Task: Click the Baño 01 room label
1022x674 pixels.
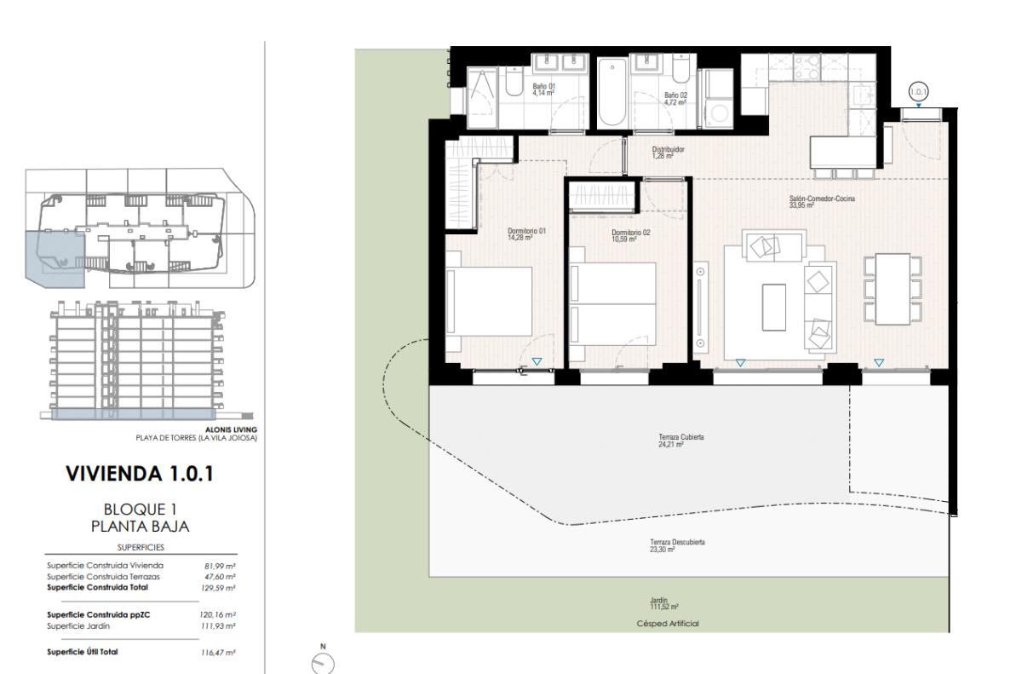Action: [x=543, y=89]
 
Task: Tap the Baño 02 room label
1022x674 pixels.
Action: [x=675, y=99]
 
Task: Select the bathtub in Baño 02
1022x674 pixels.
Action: [x=611, y=94]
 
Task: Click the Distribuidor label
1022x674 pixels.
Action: [x=669, y=153]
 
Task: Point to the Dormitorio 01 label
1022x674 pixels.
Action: [x=525, y=233]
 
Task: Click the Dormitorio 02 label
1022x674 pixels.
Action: [x=630, y=235]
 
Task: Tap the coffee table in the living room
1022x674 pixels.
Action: [x=774, y=307]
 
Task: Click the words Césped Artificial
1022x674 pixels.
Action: [x=668, y=624]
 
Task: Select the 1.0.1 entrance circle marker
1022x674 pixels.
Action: [x=918, y=91]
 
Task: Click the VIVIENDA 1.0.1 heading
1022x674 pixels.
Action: [x=139, y=474]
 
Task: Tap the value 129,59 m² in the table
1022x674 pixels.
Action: [x=220, y=587]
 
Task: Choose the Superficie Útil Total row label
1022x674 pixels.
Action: [x=83, y=651]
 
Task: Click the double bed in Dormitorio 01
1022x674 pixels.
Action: [x=490, y=302]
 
